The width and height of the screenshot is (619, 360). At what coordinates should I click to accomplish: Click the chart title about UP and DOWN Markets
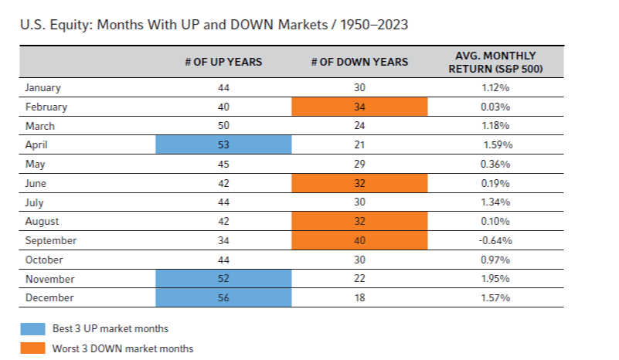[x=214, y=25]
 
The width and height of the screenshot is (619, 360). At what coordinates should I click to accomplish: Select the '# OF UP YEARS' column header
[x=223, y=62]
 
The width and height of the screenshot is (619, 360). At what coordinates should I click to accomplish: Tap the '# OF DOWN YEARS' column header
[x=359, y=62]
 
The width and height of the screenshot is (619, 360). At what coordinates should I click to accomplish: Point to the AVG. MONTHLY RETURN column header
[x=495, y=62]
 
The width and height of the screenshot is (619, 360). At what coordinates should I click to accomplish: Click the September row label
[x=51, y=240]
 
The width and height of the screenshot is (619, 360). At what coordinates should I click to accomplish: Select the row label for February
[x=46, y=107]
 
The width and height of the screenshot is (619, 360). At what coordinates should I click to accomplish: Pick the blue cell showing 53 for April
[x=223, y=144]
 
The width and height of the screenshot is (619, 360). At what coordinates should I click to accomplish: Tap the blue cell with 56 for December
[x=223, y=297]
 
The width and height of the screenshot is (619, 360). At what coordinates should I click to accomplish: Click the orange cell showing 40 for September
[x=359, y=240]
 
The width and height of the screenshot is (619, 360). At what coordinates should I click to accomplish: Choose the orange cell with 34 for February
[x=359, y=107]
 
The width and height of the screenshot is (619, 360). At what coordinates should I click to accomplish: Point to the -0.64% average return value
[x=495, y=240]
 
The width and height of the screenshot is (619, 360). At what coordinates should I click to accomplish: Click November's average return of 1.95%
[x=495, y=279]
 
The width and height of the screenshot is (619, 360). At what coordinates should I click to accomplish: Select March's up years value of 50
[x=223, y=125]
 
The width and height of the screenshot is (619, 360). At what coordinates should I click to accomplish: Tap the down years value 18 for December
[x=359, y=297]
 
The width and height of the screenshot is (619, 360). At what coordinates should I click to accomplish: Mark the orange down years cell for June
[x=359, y=183]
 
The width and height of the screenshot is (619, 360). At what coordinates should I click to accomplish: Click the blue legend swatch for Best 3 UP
[x=32, y=329]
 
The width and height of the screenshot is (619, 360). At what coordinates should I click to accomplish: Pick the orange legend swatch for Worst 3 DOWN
[x=32, y=348]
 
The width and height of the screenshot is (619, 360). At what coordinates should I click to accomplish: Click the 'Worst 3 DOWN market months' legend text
[x=123, y=348]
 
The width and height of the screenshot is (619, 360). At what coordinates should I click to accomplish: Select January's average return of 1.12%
[x=495, y=87]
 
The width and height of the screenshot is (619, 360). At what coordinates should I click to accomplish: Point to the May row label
[x=35, y=165]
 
